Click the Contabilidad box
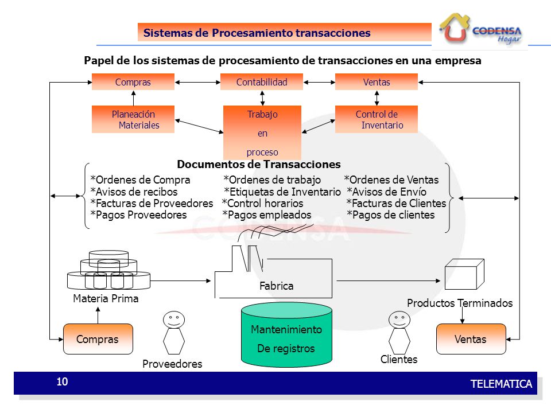(262, 82)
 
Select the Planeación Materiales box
(133, 119)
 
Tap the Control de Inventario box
(377, 119)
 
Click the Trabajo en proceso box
(262, 133)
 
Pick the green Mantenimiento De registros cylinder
(286, 334)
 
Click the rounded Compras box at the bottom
(98, 339)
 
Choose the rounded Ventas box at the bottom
(471, 339)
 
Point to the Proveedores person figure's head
(173, 320)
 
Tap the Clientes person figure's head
(399, 320)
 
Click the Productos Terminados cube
(464, 274)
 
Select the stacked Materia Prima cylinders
(108, 270)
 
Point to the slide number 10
(62, 382)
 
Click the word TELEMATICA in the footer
(501, 384)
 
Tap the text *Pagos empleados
(267, 215)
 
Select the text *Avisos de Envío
(386, 192)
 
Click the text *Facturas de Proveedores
(152, 203)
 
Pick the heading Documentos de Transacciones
(259, 164)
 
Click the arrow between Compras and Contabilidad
(197, 82)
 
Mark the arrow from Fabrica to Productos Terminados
(389, 280)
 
